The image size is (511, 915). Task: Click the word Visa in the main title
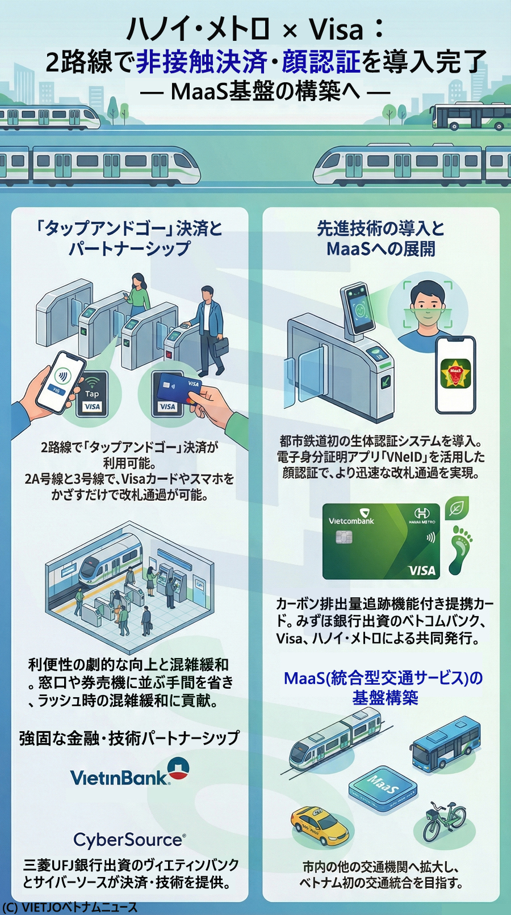(x=336, y=29)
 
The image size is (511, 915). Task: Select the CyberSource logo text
(x=129, y=840)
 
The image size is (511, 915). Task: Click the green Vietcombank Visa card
(x=381, y=541)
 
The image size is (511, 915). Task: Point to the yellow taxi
(x=319, y=825)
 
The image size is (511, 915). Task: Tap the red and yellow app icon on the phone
(x=455, y=374)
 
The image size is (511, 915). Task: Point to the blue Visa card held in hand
(x=179, y=387)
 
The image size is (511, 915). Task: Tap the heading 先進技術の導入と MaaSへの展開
(x=380, y=238)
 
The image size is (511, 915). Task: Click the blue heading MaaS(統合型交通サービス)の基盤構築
(x=384, y=688)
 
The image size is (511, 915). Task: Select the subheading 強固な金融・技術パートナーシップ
(x=129, y=738)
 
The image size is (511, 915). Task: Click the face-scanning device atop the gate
(x=356, y=309)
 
